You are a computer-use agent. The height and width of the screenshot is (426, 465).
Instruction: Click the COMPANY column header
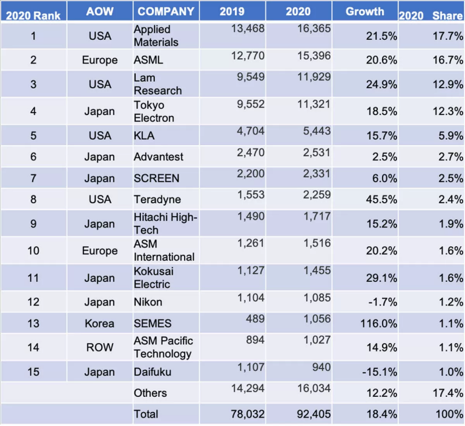(165, 11)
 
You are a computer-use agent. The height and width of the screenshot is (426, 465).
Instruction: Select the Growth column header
(364, 11)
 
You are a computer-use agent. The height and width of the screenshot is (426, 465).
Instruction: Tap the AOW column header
(100, 11)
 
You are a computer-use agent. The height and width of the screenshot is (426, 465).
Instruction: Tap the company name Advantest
(158, 157)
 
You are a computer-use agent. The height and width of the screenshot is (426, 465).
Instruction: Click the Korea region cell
(100, 324)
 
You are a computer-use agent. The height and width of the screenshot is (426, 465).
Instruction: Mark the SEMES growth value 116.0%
(379, 324)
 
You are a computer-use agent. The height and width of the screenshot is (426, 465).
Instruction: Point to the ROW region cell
(100, 347)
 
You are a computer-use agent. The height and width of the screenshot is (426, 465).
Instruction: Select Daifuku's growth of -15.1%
(379, 372)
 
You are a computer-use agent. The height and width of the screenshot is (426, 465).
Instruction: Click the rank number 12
(33, 301)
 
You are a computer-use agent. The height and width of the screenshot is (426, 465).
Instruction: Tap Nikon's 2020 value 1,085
(314, 298)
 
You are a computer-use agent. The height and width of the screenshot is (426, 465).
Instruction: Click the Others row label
(150, 393)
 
